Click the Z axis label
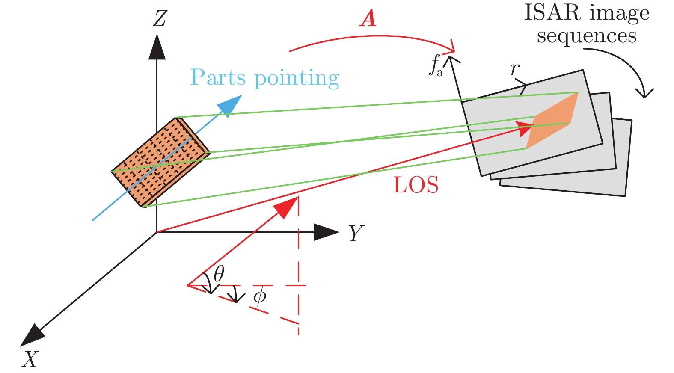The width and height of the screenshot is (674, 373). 160,19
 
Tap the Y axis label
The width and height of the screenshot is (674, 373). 356,234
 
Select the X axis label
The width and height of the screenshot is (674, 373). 30,359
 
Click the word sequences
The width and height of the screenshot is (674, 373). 587,36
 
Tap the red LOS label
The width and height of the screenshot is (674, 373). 416,185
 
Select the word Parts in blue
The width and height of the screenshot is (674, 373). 218,77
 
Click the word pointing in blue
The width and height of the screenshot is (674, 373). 297,78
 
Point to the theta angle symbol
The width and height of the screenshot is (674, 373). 219,274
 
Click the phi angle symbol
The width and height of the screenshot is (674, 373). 259,296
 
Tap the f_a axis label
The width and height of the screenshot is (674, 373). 436,65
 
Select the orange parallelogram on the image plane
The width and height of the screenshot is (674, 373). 552,121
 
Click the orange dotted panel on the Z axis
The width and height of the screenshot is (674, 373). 160,162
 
